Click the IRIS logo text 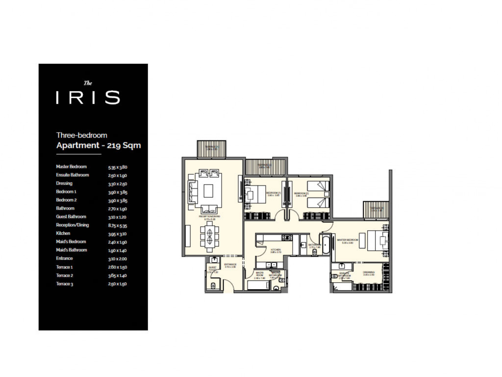tap(88, 97)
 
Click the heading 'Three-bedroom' tap(81, 135)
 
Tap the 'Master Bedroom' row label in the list tap(71, 167)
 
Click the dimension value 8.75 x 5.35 tap(118, 225)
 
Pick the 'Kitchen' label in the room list tap(63, 234)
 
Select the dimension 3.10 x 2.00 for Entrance tap(118, 259)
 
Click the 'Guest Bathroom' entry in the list tap(71, 217)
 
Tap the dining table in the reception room tap(209, 237)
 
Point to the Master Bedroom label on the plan tap(347, 241)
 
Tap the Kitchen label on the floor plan tap(276, 251)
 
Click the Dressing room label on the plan tap(369, 272)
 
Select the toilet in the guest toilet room tap(212, 285)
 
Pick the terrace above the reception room tap(212, 149)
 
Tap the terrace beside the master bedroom tap(376, 210)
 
